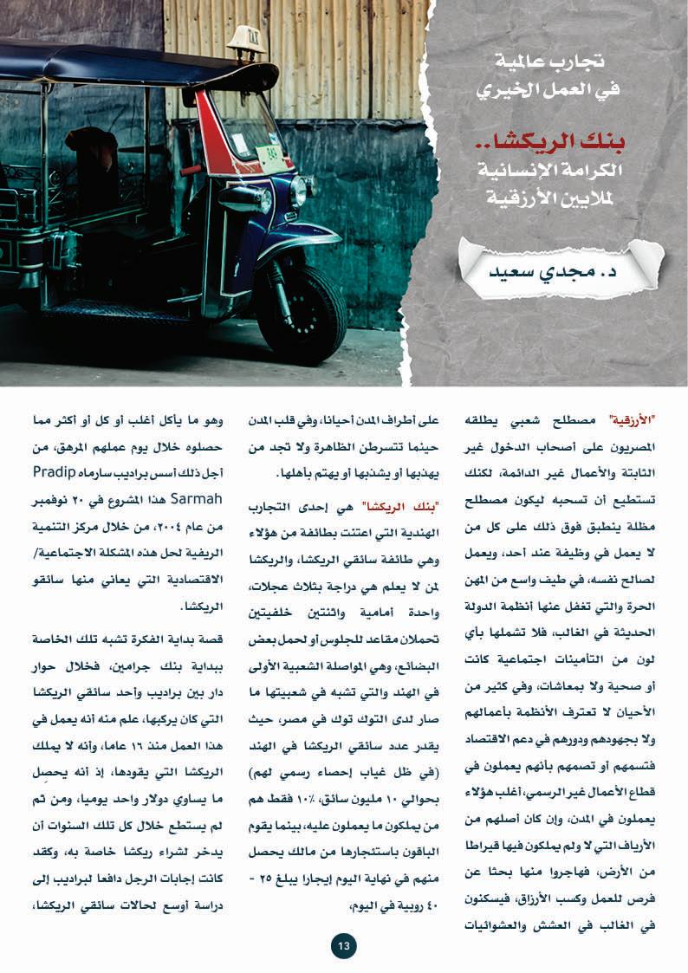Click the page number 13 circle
coord(343,946)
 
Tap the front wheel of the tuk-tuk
coord(300,313)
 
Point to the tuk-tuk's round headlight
coord(298,191)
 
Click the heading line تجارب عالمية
coord(561,62)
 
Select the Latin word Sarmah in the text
coord(199,498)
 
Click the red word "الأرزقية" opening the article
coord(626,421)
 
